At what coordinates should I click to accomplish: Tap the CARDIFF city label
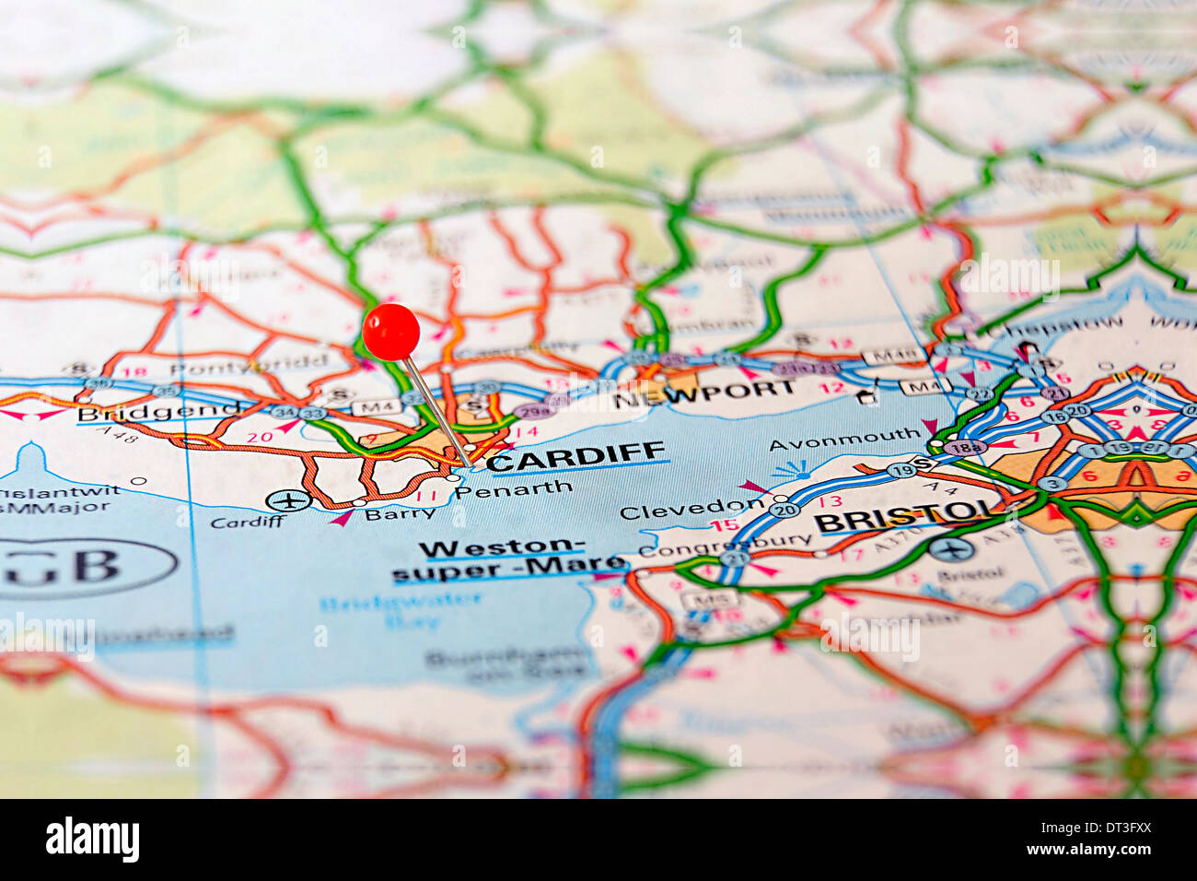pos(575,456)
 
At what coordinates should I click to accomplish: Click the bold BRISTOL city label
pos(907,519)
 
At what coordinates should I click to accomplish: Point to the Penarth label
pos(514,489)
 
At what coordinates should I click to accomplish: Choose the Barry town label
pos(400,513)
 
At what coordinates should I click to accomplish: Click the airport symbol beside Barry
pos(289,500)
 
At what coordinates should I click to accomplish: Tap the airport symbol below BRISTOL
pos(950,550)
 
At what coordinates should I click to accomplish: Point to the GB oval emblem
pos(87,566)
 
